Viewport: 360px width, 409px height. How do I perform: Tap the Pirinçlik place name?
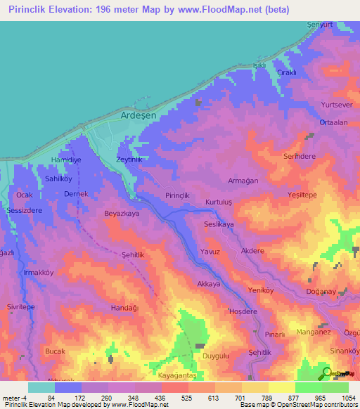point(177,195)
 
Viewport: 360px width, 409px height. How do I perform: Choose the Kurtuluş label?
point(219,202)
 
